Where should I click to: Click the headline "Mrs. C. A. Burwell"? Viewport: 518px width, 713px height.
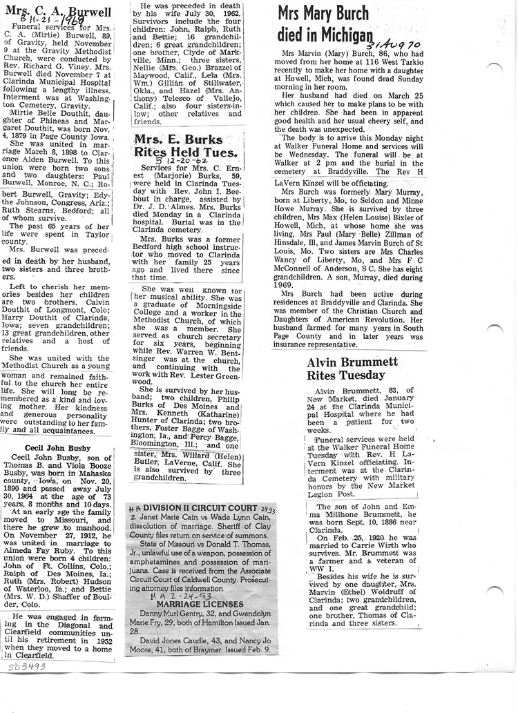click(55, 12)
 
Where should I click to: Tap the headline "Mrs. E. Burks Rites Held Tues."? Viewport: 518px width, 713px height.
click(186, 145)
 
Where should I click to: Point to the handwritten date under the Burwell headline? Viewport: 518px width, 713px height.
click(45, 23)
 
